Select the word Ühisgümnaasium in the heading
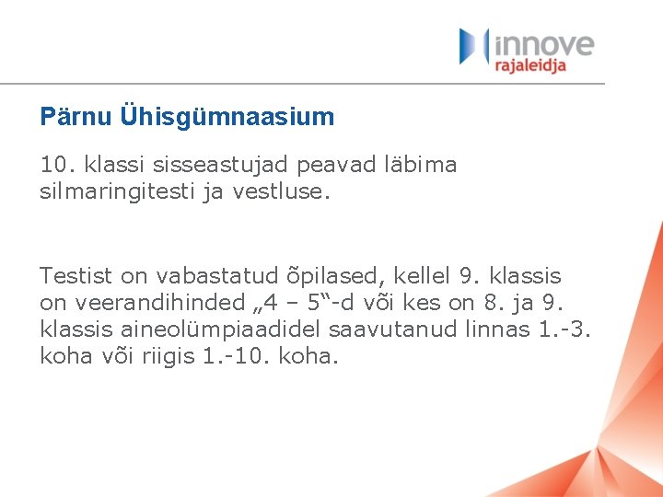point(227,117)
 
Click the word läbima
point(421,165)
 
